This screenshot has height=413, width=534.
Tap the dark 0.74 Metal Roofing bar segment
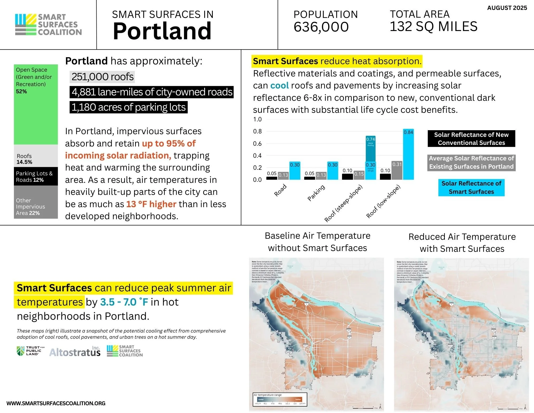coord(371,148)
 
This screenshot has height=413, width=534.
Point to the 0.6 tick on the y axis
coord(257,144)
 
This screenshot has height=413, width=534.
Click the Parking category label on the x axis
coord(316,192)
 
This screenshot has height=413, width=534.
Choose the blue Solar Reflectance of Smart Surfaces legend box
coord(471,188)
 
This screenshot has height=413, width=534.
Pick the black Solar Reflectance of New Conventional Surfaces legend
coord(471,139)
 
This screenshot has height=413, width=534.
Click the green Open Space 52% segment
coord(36,104)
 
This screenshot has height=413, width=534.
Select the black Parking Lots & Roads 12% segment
coord(36,176)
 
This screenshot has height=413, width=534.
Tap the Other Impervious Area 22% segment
coord(36,202)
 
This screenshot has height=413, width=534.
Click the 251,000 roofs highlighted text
coord(102,77)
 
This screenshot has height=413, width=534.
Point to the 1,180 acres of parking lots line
coord(128,107)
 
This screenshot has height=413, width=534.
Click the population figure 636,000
coord(321,27)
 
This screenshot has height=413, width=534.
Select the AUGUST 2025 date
coord(507,8)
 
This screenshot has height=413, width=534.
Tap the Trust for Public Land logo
coord(30,351)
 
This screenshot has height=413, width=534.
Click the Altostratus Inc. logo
coord(75,352)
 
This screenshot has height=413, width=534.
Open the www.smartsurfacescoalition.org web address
coord(56,403)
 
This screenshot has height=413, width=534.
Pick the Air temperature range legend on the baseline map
coord(280,399)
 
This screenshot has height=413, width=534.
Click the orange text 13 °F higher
coord(151,204)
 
